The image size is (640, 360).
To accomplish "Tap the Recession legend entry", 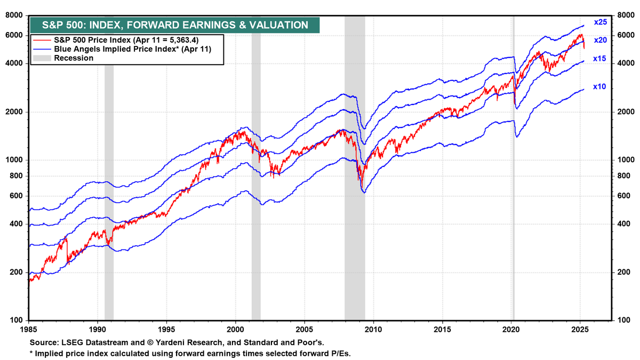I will (x=74, y=58).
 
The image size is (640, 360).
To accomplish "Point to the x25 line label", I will (x=601, y=22).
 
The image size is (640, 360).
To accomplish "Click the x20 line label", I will (x=601, y=40).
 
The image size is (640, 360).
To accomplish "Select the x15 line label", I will (x=599, y=59).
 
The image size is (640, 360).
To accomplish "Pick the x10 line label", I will (x=599, y=86).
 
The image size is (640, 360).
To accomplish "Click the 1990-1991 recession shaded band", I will (x=109, y=160).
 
